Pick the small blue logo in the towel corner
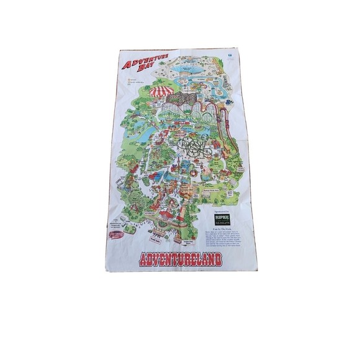click(229, 55)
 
